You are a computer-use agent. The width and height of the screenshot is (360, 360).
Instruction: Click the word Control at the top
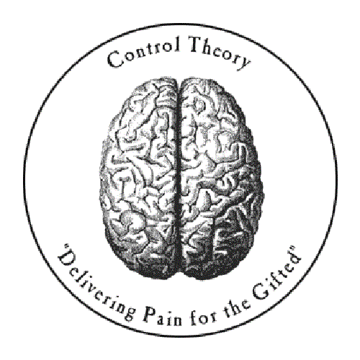pyautogui.click(x=143, y=53)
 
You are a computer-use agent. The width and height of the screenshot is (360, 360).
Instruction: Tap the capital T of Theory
pyautogui.click(x=197, y=45)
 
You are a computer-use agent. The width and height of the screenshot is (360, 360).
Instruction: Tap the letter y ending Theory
pyautogui.click(x=244, y=63)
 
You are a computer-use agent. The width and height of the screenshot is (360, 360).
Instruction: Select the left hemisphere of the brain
pyautogui.click(x=139, y=178)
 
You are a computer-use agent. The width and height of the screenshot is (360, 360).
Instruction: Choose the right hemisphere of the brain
pyautogui.click(x=221, y=178)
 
